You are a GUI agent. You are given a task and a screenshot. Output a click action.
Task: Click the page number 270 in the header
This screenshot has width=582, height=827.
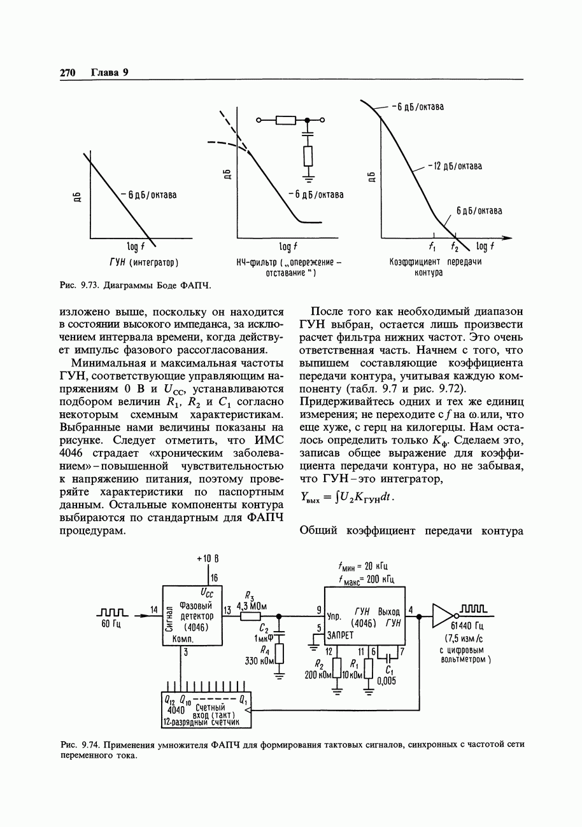[67, 73]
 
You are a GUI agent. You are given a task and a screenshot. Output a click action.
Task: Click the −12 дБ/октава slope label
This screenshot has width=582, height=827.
[455, 166]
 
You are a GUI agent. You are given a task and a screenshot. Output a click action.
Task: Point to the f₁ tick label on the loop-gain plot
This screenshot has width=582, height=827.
[432, 247]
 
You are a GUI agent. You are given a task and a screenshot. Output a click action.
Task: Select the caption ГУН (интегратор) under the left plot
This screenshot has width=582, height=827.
[144, 262]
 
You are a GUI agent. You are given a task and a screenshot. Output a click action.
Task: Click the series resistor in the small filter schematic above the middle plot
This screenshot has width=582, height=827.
[286, 120]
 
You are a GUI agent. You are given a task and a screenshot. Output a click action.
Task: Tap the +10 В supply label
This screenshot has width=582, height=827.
[208, 558]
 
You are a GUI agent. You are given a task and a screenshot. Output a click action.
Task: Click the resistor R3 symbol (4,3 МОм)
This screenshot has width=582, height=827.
[251, 616]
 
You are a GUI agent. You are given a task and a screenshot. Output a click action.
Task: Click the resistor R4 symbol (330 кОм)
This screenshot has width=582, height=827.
[278, 653]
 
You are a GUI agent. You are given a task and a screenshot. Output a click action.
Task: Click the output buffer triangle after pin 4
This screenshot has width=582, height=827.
[443, 615]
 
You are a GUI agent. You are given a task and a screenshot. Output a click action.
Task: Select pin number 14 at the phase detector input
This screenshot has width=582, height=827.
[153, 610]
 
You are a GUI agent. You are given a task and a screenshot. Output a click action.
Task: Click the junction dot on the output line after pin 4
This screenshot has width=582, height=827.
[419, 616]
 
